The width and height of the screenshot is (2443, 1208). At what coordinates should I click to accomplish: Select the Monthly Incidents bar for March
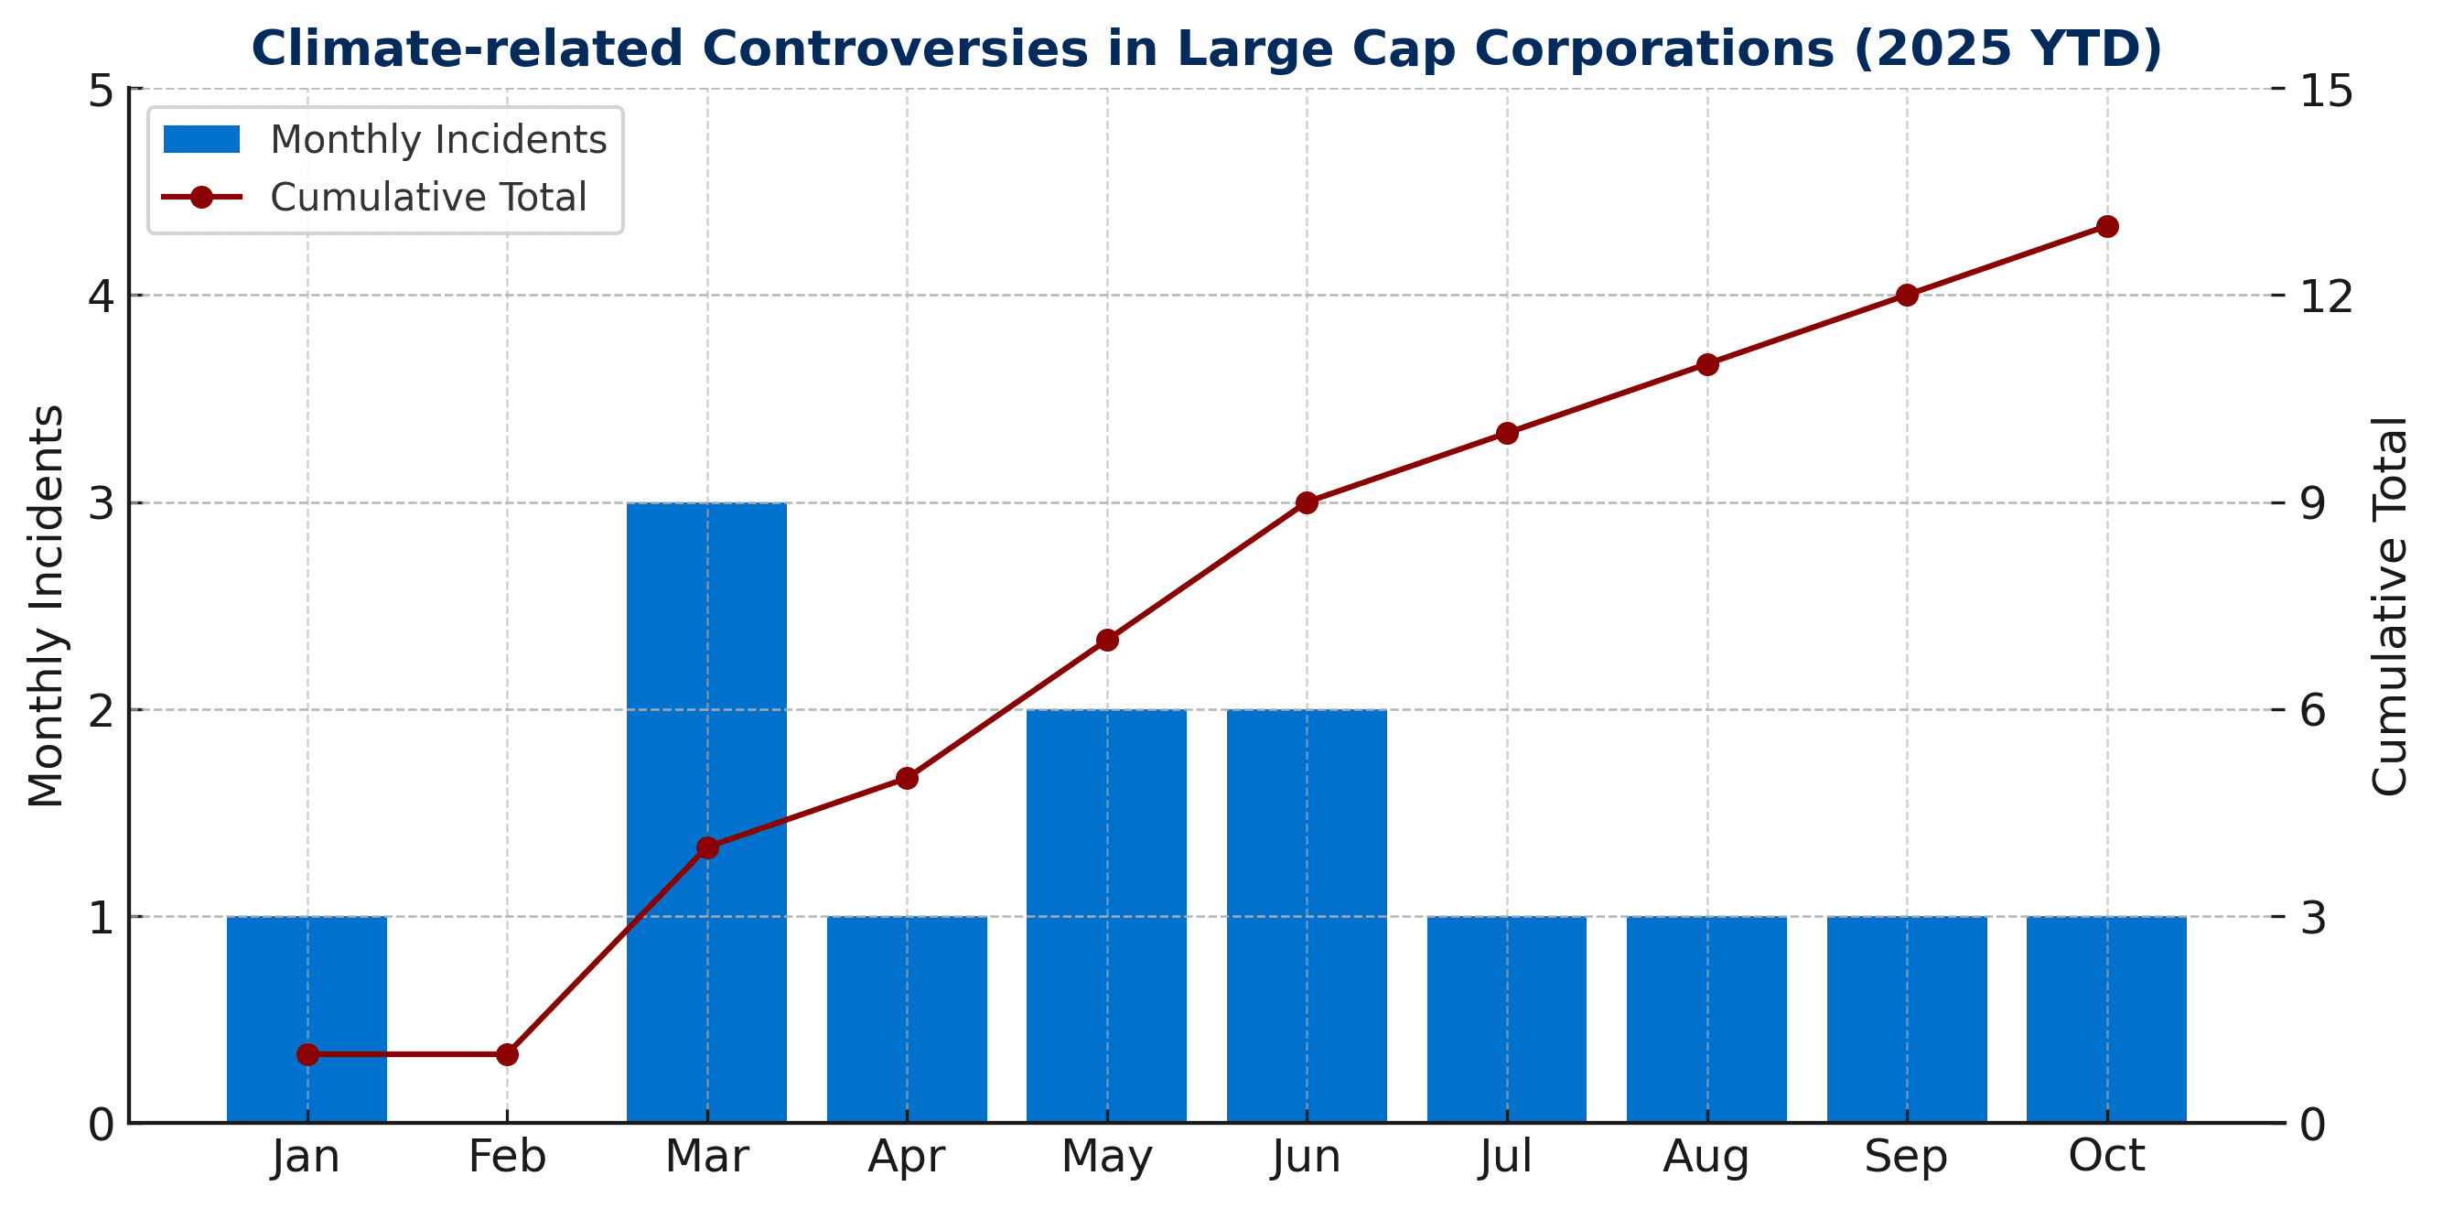(706, 663)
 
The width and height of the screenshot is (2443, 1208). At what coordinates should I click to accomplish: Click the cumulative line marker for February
(508, 1054)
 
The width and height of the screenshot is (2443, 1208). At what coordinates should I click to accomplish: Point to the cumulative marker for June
(1307, 502)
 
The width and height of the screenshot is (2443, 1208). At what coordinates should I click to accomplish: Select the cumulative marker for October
(2107, 227)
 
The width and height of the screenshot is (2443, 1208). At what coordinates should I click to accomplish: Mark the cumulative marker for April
(907, 779)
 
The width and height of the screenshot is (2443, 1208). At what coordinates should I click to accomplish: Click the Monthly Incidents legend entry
(384, 140)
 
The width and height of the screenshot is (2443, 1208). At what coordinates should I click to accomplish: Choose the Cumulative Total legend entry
(374, 198)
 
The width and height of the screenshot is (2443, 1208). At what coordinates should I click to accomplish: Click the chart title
(1206, 49)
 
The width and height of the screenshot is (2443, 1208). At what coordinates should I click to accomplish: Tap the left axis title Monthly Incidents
(46, 607)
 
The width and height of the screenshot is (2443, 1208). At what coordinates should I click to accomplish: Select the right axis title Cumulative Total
(2388, 607)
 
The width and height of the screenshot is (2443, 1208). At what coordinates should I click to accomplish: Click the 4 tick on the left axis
(102, 296)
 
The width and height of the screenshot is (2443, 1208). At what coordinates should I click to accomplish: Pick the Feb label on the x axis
(508, 1157)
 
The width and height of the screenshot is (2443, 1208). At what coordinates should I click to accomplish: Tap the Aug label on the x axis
(1706, 1157)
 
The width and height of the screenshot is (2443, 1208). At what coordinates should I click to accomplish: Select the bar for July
(1506, 1019)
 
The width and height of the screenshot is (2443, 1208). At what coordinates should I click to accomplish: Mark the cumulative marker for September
(1907, 295)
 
